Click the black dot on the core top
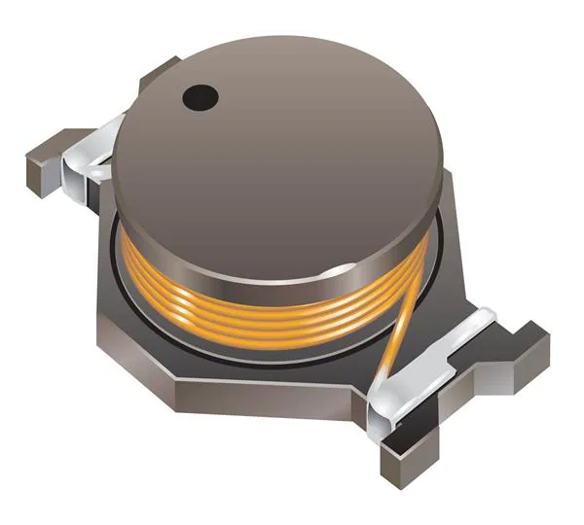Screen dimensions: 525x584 [201, 95]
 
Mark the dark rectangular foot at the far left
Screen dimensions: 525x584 [41, 160]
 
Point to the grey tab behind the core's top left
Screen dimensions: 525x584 [156, 73]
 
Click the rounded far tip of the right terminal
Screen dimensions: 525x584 [487, 316]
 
